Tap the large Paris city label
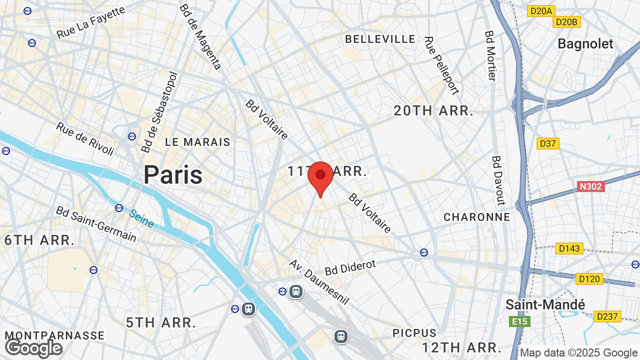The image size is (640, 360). point(173,174)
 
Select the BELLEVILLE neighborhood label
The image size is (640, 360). point(380,39)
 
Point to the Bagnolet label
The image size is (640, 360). point(585,44)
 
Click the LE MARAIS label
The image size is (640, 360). point(198,142)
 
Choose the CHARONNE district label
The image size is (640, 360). point(477,217)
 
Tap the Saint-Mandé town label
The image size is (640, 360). point(545,304)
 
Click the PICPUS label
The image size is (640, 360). point(414,333)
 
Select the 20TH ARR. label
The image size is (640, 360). point(433,110)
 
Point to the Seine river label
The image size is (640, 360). point(141,218)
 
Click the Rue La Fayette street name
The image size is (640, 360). point(90,22)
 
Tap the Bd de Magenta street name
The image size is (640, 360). point(200,36)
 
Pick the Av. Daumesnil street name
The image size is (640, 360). point(319,282)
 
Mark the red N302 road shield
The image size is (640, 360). point(590,186)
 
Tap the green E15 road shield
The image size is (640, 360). point(519,321)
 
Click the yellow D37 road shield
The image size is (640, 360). point(548,143)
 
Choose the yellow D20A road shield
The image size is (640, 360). point(541,10)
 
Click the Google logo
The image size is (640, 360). point(34,348)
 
